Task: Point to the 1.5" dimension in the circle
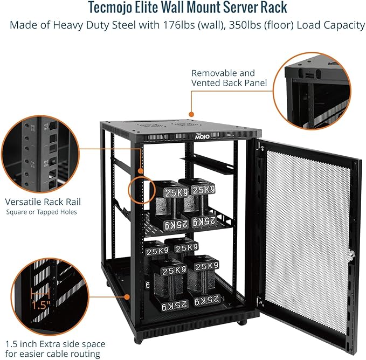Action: tap(40, 303)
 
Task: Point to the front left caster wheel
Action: tap(139, 340)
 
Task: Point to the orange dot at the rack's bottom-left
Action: tap(127, 295)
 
